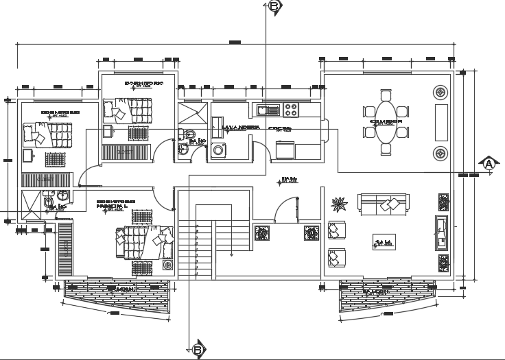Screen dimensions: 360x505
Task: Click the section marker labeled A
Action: pyautogui.click(x=489, y=165)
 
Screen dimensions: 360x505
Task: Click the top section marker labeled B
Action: pyautogui.click(x=274, y=6)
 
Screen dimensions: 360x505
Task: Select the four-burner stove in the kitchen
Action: pyautogui.click(x=291, y=108)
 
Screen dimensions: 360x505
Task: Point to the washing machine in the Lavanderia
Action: pyautogui.click(x=219, y=150)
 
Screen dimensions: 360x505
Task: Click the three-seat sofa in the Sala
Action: pyautogui.click(x=382, y=203)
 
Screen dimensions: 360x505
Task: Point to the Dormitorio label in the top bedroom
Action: pyautogui.click(x=143, y=83)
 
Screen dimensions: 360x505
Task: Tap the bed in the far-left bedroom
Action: pyautogui.click(x=47, y=134)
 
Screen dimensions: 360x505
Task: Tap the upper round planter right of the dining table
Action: pyautogui.click(x=440, y=91)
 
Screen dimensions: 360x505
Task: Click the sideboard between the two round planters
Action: pyautogui.click(x=441, y=121)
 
